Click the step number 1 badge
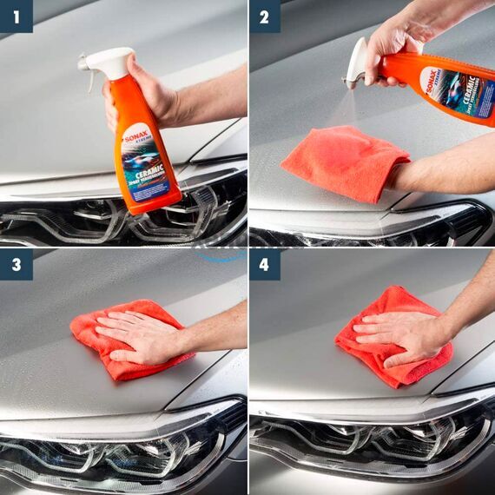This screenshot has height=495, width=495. [16, 16]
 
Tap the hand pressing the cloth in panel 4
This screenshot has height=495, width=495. [399, 330]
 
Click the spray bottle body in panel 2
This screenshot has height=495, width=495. [452, 87]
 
